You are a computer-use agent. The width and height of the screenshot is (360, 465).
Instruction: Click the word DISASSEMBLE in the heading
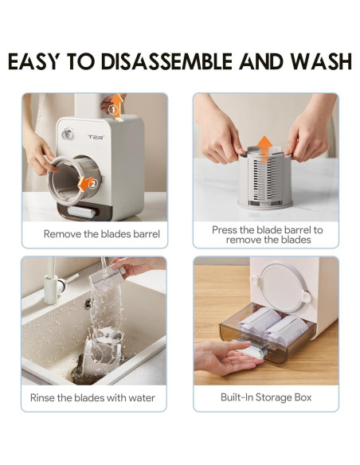166,61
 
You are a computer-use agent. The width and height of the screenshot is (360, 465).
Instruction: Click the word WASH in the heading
321,61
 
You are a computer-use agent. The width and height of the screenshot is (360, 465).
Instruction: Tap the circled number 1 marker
113,110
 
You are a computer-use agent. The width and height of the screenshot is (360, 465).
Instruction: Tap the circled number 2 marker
93,184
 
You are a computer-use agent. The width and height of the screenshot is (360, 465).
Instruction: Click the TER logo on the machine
96,137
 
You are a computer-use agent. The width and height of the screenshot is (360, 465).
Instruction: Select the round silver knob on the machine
68,134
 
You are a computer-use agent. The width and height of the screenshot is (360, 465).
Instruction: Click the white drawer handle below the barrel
81,212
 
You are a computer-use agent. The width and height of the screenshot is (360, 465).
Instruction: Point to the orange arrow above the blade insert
264,149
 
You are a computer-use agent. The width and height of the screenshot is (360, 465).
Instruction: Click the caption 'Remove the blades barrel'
102,234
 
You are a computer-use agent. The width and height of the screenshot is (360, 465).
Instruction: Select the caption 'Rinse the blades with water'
92,397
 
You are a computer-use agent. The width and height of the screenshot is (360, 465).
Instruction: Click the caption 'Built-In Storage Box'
266,397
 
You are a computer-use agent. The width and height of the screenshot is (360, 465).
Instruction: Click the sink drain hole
88,304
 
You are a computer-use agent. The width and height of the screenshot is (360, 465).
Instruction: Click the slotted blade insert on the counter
265,178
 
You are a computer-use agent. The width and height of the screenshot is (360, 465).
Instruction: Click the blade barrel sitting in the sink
102,350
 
